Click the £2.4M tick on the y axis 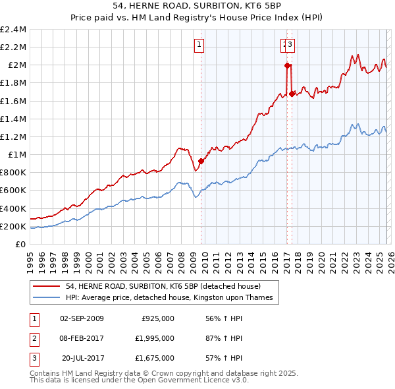(13, 30)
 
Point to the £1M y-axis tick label (16, 155)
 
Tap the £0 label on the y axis (21, 245)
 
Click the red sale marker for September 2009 (201, 160)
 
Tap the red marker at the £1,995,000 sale (287, 65)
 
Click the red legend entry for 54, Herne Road (163, 286)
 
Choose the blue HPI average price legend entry (173, 298)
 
